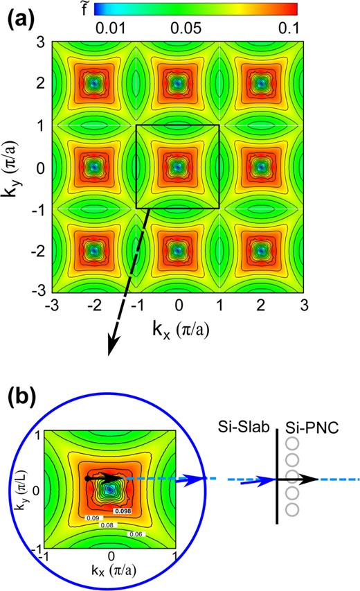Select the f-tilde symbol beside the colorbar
(80, 9)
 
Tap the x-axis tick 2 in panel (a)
(262, 304)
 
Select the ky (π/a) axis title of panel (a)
(15, 167)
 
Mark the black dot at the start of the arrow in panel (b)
(86, 478)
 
